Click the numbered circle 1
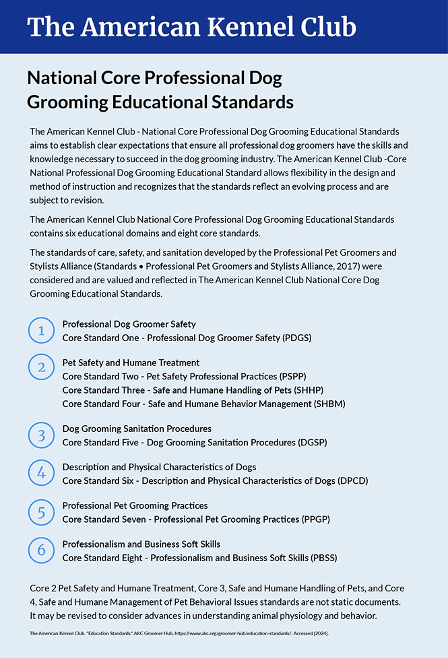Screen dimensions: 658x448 coord(41,330)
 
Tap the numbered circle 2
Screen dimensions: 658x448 coord(41,367)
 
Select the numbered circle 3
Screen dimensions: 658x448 coord(41,435)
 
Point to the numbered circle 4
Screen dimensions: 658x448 coord(41,473)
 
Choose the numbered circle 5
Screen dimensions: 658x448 coord(41,512)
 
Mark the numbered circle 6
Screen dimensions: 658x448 coord(41,550)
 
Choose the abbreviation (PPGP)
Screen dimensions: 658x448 coord(312,519)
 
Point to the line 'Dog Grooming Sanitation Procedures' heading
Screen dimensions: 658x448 coord(137,429)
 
